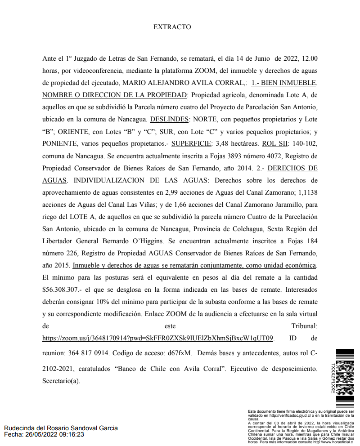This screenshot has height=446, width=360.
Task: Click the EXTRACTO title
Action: pyautogui.click(x=172, y=27)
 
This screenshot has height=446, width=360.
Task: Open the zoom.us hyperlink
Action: pyautogui.click(x=157, y=338)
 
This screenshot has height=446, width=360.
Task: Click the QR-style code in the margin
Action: pyautogui.click(x=345, y=371)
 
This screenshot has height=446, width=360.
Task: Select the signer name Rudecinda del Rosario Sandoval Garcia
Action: pyautogui.click(x=61, y=428)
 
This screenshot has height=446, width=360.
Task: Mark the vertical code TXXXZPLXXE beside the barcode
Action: pyautogui.click(x=333, y=379)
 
